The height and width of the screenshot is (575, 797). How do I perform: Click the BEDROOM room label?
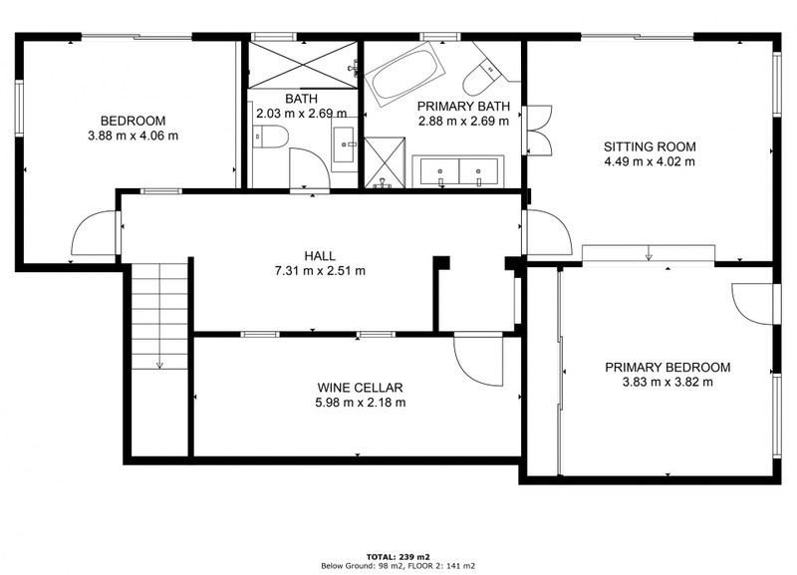[133, 121]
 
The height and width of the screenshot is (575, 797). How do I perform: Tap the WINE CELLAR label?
[360, 388]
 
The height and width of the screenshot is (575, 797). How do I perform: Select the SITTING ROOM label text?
[650, 146]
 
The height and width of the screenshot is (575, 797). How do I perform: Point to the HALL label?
[320, 256]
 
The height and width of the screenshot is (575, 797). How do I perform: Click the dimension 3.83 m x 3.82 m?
[667, 382]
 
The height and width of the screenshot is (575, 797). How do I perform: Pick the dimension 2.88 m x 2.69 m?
[463, 121]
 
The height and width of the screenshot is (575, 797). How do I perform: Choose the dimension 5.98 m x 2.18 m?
[361, 403]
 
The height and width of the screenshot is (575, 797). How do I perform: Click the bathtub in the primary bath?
[405, 74]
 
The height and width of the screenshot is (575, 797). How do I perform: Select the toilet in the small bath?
[270, 137]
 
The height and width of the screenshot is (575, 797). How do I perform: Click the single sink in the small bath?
[345, 144]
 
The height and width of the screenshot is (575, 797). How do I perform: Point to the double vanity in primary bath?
[458, 171]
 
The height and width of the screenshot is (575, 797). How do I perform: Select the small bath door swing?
[310, 167]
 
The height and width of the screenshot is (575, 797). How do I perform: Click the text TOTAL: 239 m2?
[398, 557]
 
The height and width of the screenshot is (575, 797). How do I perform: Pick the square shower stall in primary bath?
[385, 162]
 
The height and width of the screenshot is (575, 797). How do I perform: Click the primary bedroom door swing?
[752, 303]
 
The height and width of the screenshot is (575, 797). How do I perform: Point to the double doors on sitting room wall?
[539, 131]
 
